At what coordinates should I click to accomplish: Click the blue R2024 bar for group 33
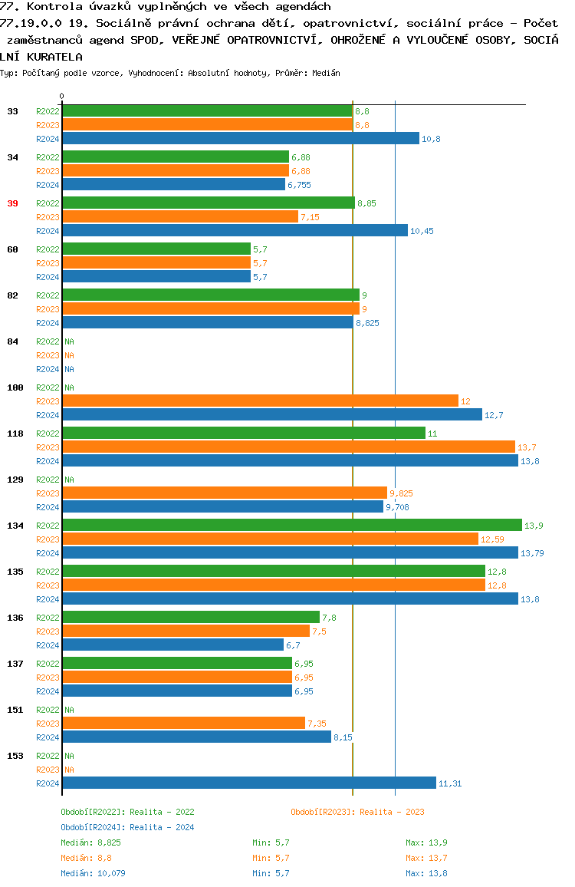pos(241,138)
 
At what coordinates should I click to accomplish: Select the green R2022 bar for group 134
pos(291,525)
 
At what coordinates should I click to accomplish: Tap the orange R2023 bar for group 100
pos(260,401)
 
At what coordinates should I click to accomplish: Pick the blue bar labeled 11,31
pos(248,783)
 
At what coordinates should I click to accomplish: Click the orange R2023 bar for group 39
pos(180,216)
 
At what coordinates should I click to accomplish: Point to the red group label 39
pos(12,203)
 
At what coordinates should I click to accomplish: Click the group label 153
pos(15,756)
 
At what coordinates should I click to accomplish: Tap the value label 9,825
pos(401,493)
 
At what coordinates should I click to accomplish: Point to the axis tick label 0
pos(62,96)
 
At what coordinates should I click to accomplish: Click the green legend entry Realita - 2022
pos(127,812)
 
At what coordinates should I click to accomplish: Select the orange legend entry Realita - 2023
pos(357,812)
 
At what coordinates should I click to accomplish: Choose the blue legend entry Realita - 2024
pos(127,827)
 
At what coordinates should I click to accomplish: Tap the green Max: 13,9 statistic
pos(426,842)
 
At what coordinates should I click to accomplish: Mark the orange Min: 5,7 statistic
pos(271,858)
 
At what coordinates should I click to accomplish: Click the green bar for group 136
pos(191,617)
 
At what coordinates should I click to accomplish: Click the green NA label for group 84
pos(69,341)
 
